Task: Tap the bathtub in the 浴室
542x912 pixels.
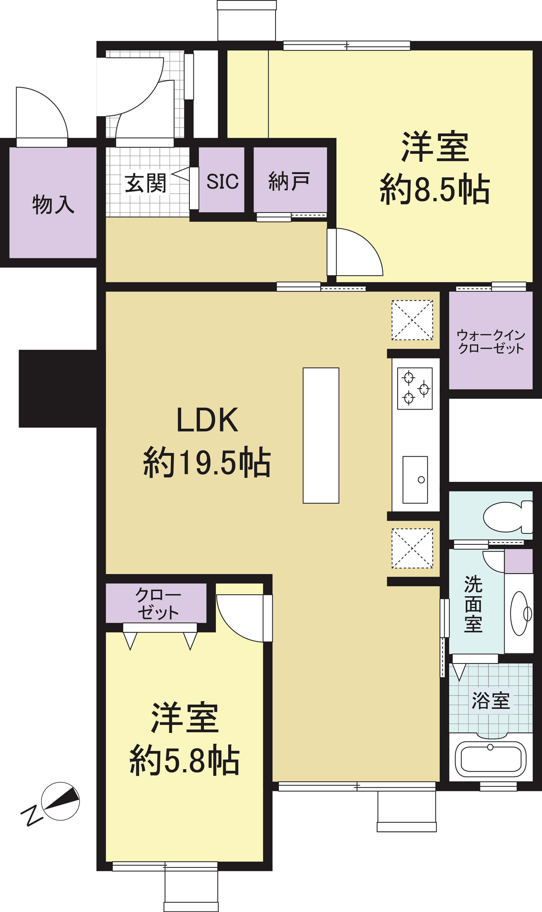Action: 491,759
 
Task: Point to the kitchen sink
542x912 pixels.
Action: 415,480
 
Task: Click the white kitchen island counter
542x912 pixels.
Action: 321,435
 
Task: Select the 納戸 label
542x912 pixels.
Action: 289,181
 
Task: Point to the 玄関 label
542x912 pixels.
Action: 145,183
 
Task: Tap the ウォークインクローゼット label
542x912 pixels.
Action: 491,341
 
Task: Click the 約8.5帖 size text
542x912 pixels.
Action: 435,189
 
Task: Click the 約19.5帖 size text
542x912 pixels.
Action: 207,462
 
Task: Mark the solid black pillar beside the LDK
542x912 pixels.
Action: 62,389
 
